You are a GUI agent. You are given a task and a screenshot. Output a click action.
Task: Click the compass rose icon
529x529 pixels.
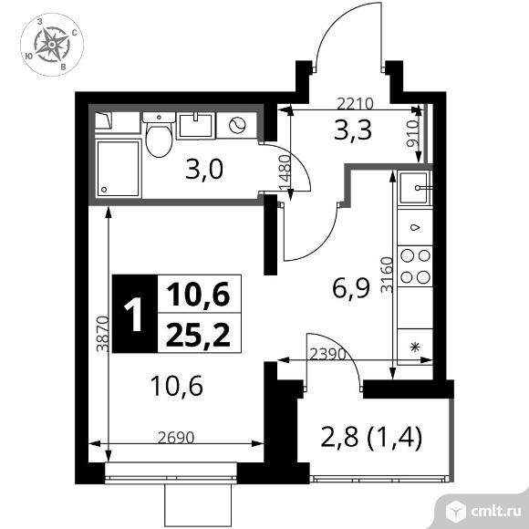pos(52,45)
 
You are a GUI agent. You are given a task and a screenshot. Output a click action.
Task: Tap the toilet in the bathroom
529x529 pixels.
pos(159,135)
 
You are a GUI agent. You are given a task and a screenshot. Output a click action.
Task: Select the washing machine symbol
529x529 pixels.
pos(237,125)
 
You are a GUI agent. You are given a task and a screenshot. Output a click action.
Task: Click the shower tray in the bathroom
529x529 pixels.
pos(118,169)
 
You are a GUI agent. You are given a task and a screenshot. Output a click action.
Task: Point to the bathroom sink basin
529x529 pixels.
pos(196,126)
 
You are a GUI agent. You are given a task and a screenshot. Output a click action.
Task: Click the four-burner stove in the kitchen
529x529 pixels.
pos(415,266)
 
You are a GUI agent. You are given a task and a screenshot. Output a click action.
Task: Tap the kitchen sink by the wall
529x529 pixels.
pos(415,188)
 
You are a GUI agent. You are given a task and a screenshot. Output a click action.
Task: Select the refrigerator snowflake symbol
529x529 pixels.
pos(415,347)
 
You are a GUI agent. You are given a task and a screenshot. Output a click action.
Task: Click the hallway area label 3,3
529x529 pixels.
pos(353,130)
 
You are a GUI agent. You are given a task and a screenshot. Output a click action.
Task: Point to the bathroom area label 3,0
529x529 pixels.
pos(204,170)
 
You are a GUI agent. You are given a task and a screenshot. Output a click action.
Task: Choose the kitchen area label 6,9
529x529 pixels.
pos(351,288)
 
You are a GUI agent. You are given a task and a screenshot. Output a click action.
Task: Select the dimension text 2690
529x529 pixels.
pos(176,438)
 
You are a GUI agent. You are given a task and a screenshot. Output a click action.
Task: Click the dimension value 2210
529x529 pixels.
pos(355,104)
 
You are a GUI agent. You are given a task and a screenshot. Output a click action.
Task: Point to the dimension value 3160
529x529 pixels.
pos(387,275)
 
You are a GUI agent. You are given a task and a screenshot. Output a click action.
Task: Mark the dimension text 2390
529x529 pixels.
pos(328,354)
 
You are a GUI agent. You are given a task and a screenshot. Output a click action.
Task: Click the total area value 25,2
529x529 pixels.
pos(199,335)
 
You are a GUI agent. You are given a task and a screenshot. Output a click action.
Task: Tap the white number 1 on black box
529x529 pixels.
pos(132,316)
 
